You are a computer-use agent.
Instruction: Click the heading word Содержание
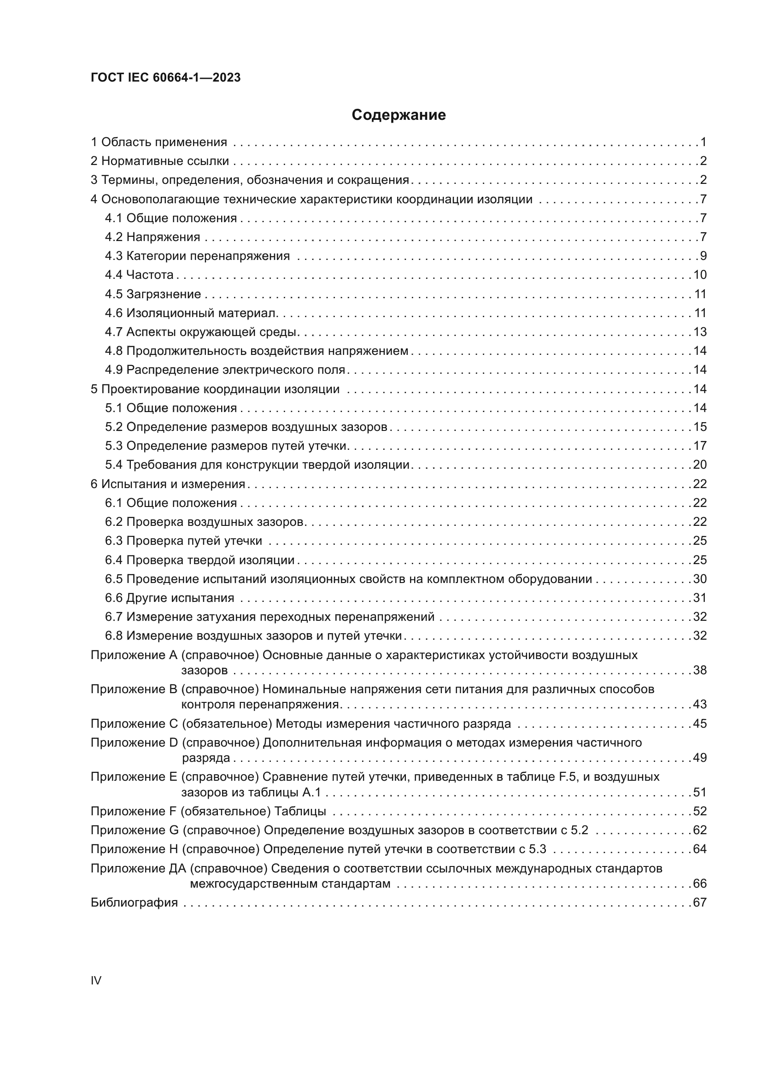coord(399,115)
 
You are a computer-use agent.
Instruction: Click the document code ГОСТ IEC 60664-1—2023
coord(165,77)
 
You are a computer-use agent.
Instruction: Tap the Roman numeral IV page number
coord(96,980)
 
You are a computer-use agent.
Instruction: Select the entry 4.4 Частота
coord(139,275)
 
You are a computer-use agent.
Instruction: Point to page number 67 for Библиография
coord(700,902)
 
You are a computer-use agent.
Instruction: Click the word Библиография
coord(134,902)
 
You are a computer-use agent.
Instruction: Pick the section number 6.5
coord(113,579)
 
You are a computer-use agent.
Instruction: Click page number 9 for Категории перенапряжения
coord(703,256)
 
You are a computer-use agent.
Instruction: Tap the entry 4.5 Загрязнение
coord(152,294)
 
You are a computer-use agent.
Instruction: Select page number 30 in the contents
coord(700,579)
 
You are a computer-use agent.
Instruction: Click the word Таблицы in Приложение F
coord(300,811)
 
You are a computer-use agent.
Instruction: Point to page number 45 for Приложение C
coord(700,724)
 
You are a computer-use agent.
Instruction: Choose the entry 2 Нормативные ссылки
coord(159,161)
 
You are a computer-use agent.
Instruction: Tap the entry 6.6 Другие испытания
coord(170,598)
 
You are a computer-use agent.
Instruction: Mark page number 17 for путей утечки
coord(700,446)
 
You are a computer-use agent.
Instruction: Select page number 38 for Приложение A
coord(700,671)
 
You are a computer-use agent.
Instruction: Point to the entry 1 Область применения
coord(158,142)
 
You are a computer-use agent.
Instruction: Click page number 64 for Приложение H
coord(700,849)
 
